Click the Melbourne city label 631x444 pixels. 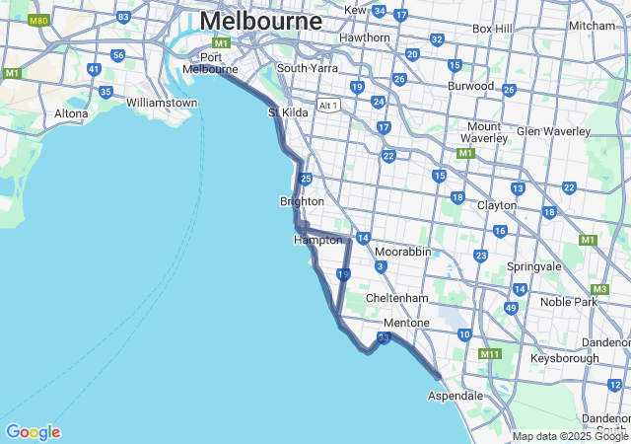(260, 21)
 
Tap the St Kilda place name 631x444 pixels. (289, 112)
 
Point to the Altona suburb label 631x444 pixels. (71, 113)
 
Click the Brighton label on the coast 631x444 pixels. (302, 201)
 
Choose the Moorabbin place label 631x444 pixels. (402, 252)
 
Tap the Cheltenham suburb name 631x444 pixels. (396, 298)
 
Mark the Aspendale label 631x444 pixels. (455, 396)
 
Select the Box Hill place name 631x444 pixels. (492, 29)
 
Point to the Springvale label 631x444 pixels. (533, 266)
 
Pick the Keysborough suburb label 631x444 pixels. (564, 358)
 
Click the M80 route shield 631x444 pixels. (38, 20)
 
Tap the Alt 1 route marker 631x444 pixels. (328, 106)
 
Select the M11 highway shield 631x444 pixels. (490, 353)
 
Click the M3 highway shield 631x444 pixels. (600, 288)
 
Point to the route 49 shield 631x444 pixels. (511, 308)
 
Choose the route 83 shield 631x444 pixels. (123, 17)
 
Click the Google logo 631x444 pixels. (33, 432)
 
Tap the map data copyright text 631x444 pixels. (570, 436)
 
